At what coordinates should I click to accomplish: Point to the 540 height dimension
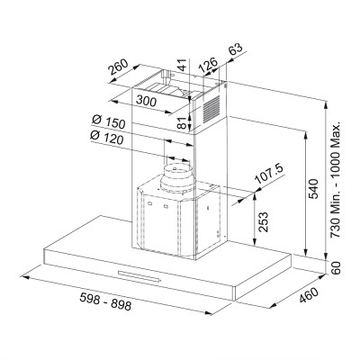pyautogui.click(x=310, y=188)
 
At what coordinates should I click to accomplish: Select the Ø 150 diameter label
pyautogui.click(x=107, y=122)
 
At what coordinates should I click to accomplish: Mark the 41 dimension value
pyautogui.click(x=181, y=65)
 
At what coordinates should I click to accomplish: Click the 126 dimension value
pyautogui.click(x=209, y=64)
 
